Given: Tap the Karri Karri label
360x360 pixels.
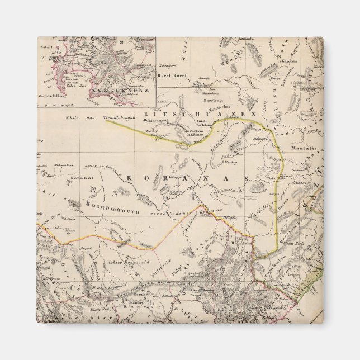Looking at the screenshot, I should tap(171, 74).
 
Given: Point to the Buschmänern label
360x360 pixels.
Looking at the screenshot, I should tap(107, 205).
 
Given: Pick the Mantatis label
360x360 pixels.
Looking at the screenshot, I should tap(304, 148).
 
